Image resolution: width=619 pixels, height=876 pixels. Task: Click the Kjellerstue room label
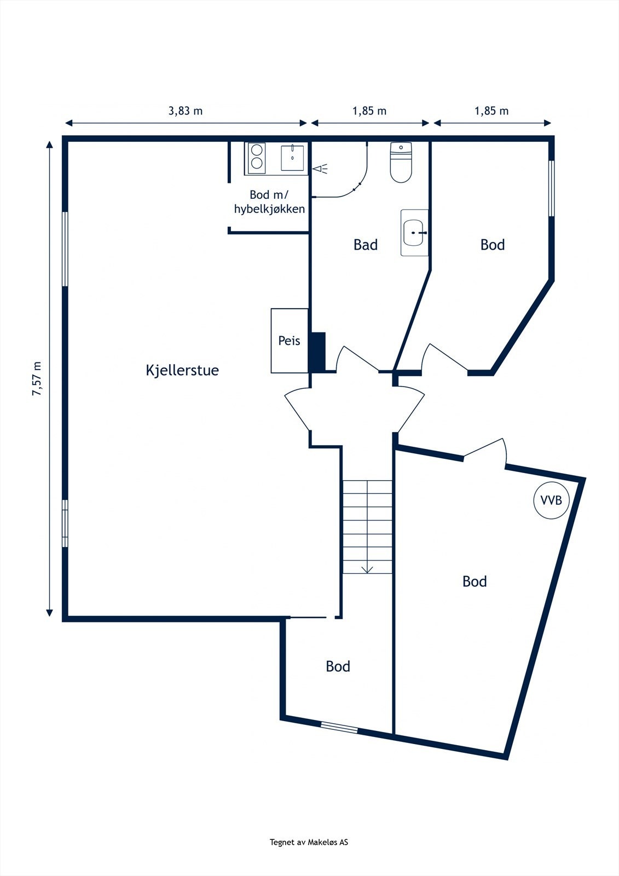182,370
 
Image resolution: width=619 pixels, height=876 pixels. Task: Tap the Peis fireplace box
289,341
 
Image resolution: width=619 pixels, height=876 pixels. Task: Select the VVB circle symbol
551,500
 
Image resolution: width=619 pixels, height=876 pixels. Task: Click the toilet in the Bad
401,163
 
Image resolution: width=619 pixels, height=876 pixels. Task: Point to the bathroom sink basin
414,233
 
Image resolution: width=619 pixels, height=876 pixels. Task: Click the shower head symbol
321,169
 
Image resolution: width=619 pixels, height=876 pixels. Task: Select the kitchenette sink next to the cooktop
293,158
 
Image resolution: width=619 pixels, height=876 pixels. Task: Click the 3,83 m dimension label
185,111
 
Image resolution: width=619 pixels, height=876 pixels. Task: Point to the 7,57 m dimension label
37,378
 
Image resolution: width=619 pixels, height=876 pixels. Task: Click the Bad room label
365,245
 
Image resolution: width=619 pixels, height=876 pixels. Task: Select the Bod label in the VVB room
474,581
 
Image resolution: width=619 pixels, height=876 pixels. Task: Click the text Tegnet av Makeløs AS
309,843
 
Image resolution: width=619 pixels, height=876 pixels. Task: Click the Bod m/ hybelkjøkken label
269,201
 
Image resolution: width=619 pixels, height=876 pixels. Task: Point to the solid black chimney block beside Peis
317,351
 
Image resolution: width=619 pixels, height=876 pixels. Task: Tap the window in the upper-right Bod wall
551,188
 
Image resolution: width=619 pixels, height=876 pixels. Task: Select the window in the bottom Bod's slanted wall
339,728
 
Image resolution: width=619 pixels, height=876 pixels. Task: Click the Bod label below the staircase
338,666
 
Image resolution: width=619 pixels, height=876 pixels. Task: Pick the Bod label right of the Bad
492,245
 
